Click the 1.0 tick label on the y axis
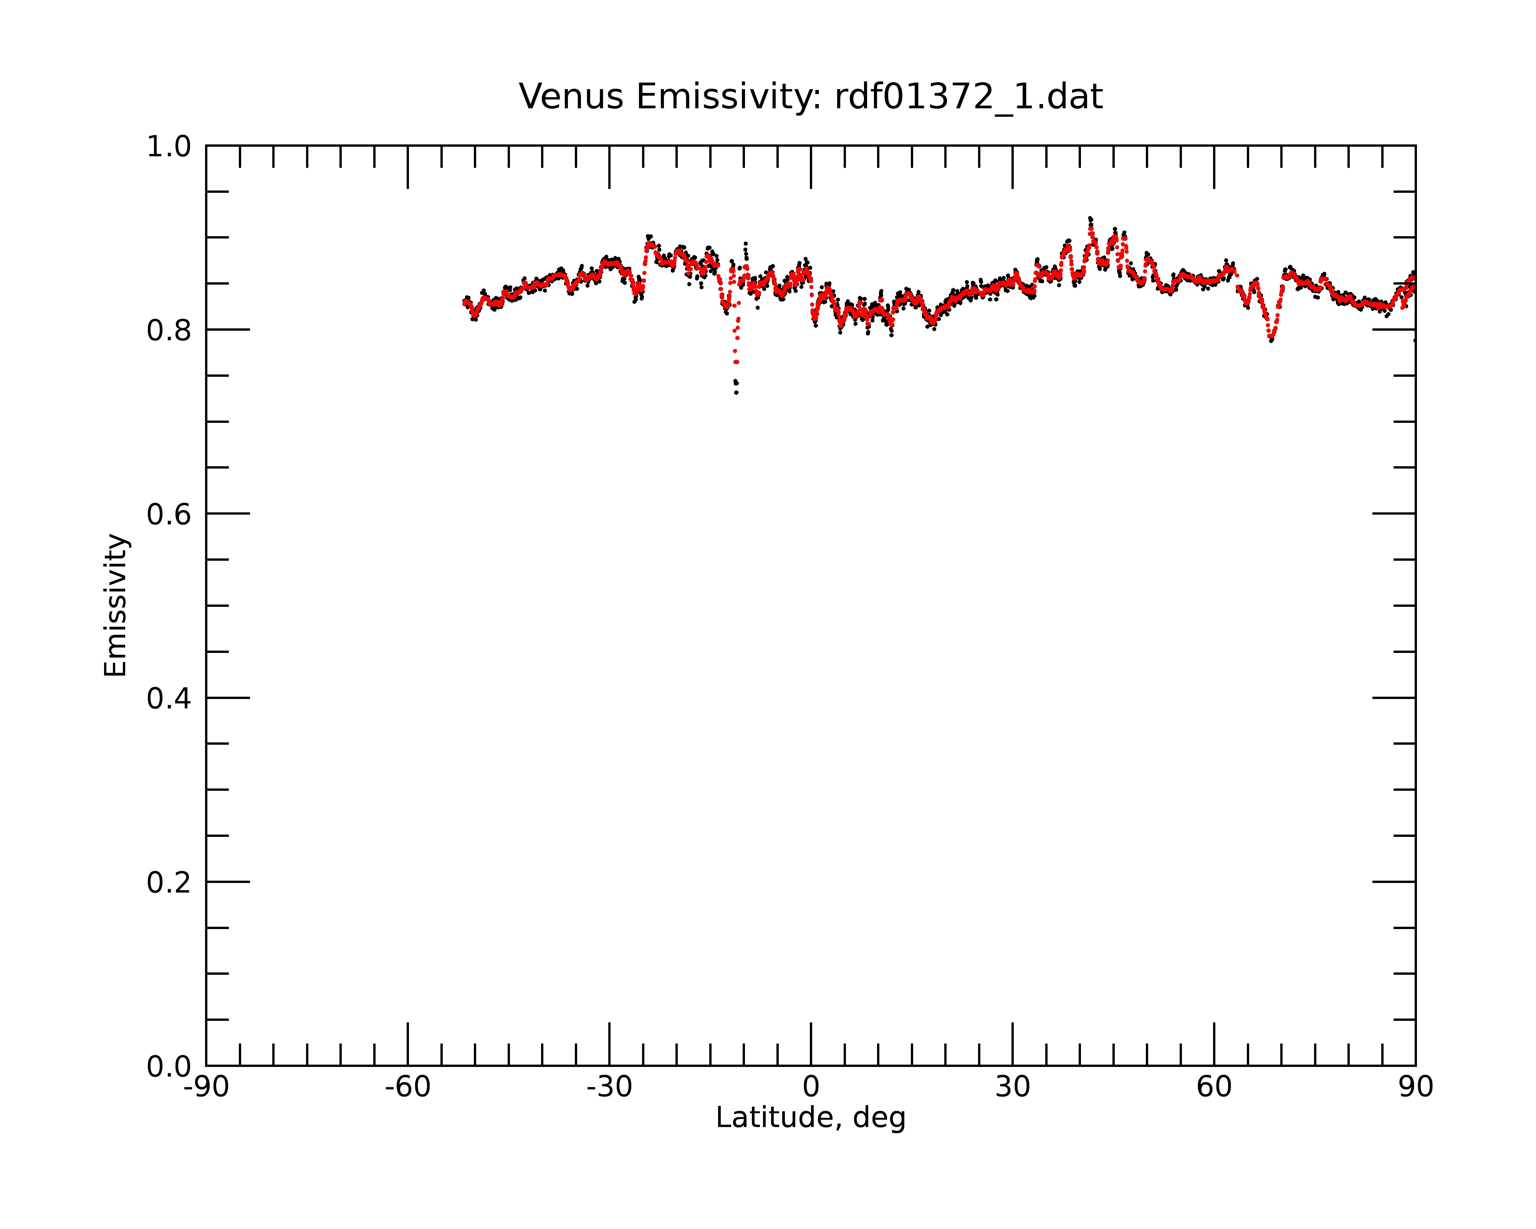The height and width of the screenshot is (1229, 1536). click(169, 147)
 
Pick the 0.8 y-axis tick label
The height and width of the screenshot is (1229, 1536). click(169, 331)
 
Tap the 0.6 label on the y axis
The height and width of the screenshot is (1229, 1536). click(169, 514)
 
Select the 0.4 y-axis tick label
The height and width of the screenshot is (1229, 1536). click(169, 699)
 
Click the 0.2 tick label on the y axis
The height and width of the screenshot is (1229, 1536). click(169, 883)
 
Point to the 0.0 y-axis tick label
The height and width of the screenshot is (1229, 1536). click(169, 1067)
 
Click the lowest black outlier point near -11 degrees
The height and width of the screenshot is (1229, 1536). click(736, 393)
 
